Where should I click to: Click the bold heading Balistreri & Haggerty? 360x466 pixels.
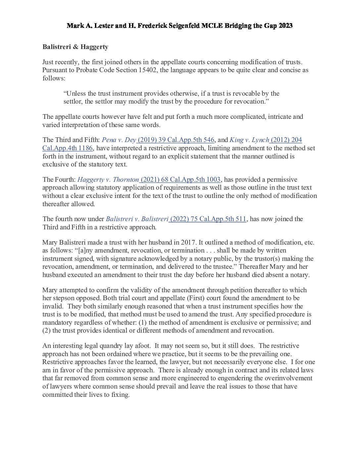coord(75,47)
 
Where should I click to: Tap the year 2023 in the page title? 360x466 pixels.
coord(285,26)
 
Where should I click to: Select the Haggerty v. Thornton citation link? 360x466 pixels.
coord(149,180)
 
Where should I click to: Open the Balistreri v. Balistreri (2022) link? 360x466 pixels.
coord(176,219)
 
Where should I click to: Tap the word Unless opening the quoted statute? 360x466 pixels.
coord(76,94)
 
